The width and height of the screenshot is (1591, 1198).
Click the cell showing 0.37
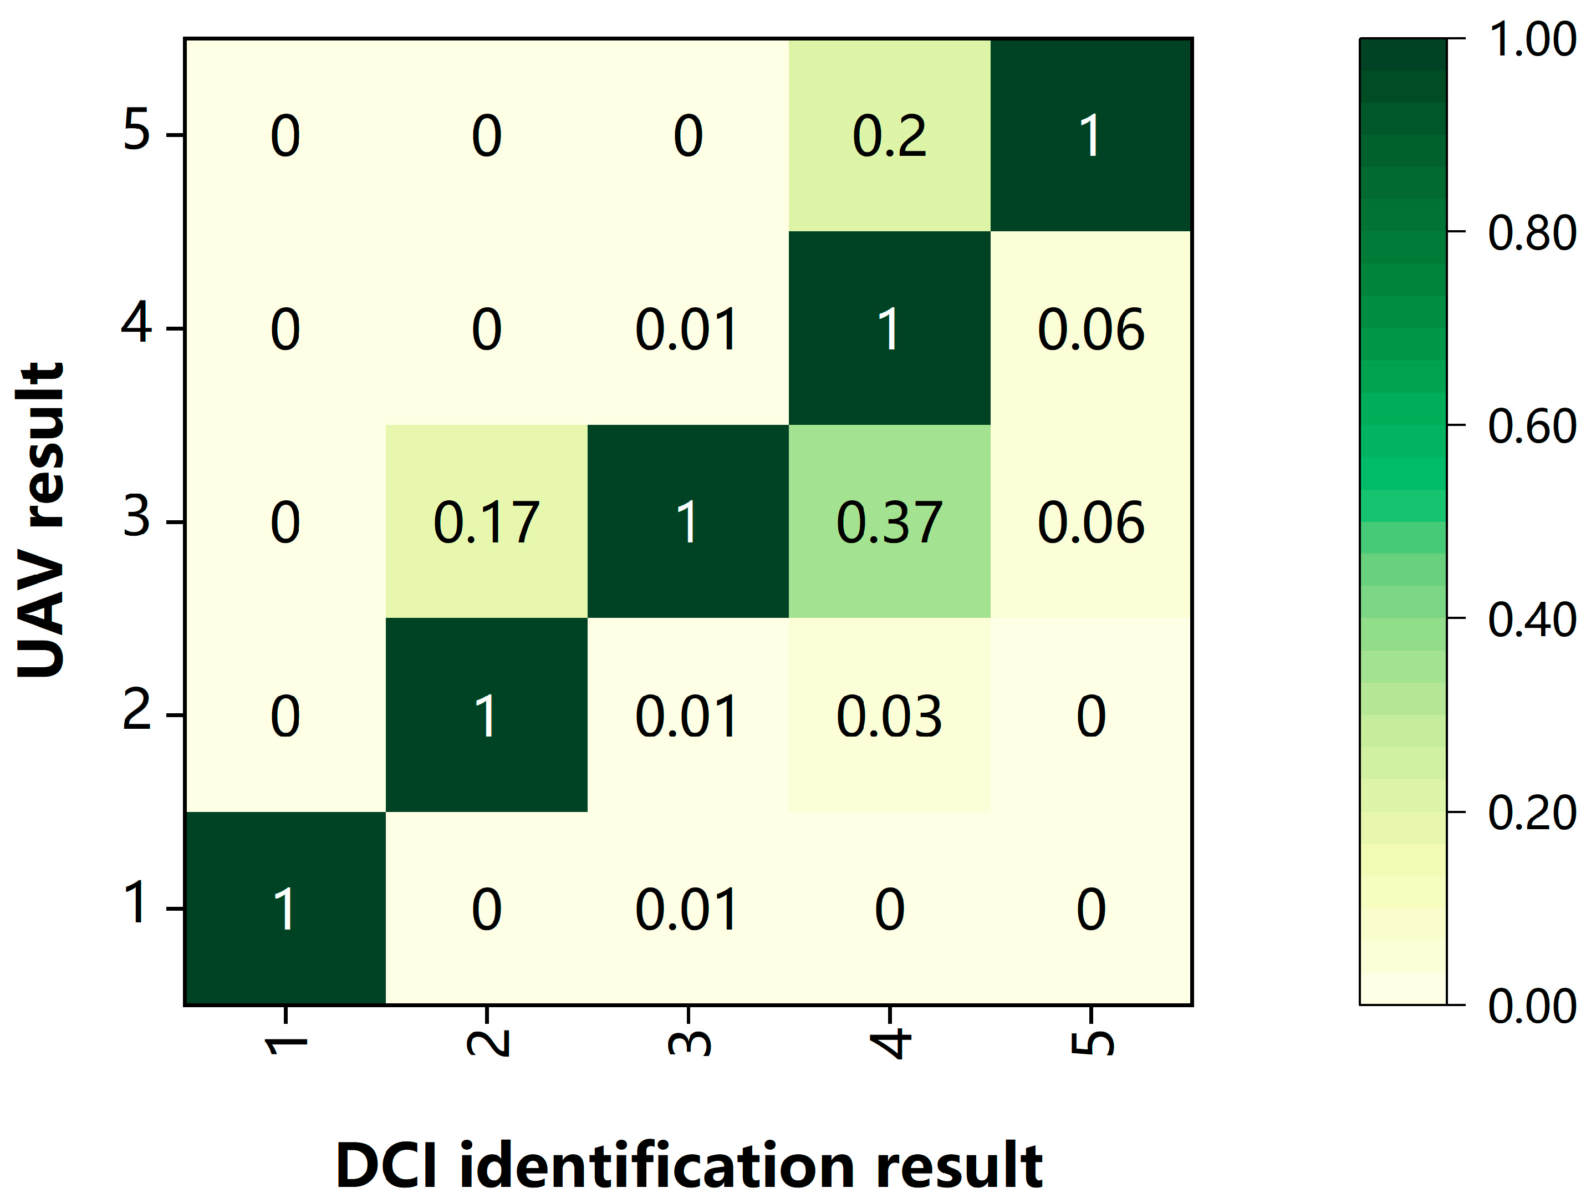[889, 522]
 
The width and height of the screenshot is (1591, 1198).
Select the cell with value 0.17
[486, 522]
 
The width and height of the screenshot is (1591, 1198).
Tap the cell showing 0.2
[889, 135]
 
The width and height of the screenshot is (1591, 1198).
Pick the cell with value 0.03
[889, 716]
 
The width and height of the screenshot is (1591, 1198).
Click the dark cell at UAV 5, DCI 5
[1090, 135]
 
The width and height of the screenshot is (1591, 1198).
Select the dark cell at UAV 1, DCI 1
[285, 908]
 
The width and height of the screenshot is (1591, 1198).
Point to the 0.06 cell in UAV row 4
[1090, 329]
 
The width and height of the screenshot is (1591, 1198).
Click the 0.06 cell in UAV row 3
[1090, 522]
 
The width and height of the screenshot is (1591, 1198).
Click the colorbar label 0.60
[1531, 426]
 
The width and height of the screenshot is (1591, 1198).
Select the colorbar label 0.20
[1531, 813]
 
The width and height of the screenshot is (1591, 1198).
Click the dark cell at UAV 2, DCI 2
[486, 716]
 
